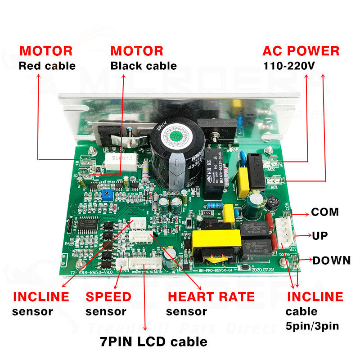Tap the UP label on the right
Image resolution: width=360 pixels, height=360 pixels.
pyautogui.click(x=320, y=236)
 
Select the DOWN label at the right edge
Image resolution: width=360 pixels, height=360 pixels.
pyautogui.click(x=332, y=261)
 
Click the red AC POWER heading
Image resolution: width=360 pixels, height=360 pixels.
pyautogui.click(x=301, y=51)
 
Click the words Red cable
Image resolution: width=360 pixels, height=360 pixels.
pyautogui.click(x=47, y=66)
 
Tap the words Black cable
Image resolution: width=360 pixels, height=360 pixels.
pyautogui.click(x=144, y=66)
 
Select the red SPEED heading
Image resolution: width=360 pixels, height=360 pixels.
pyautogui.click(x=108, y=297)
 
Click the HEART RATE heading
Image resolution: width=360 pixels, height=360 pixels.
pyautogui.click(x=211, y=297)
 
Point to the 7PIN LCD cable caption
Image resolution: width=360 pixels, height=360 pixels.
pyautogui.click(x=153, y=341)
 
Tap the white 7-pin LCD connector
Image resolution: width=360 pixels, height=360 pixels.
pyautogui.click(x=145, y=262)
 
